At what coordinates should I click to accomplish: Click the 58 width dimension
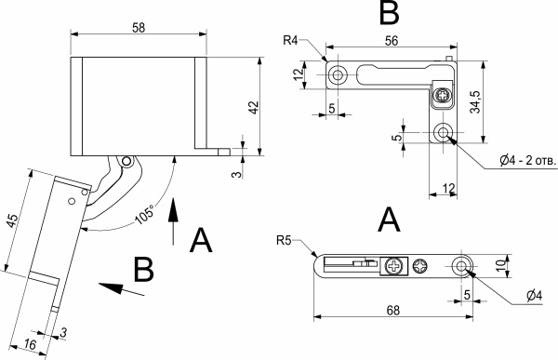[139, 29]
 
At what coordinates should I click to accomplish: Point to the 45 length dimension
[11, 220]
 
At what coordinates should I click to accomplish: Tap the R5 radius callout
[285, 241]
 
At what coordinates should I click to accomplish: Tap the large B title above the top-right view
[389, 14]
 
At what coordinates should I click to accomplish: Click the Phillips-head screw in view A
[395, 267]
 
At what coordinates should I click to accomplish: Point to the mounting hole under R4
[337, 73]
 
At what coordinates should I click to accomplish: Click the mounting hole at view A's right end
[461, 267]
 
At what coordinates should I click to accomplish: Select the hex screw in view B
[444, 94]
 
